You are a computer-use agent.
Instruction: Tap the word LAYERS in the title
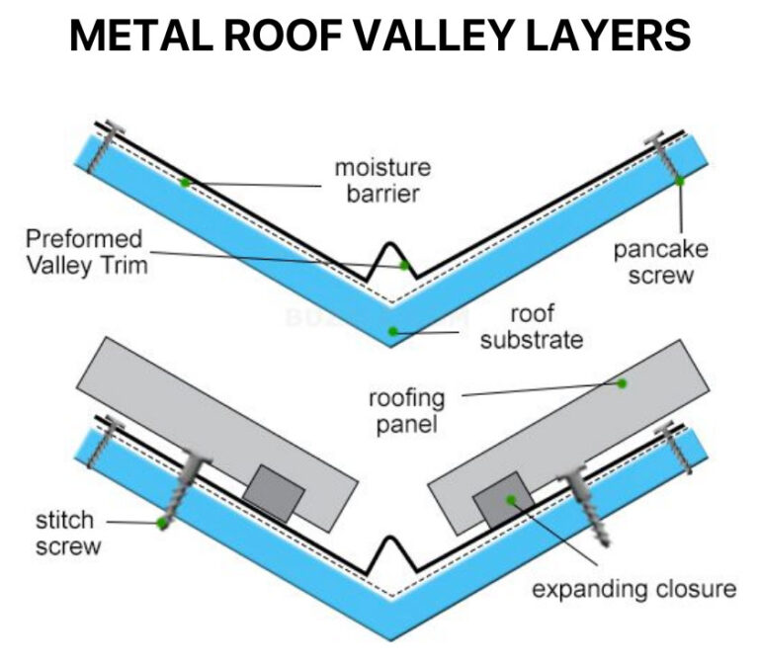click(x=608, y=37)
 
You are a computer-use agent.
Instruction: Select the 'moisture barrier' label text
click(x=381, y=179)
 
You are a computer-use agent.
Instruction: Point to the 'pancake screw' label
click(x=660, y=261)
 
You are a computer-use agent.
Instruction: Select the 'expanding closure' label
click(x=633, y=589)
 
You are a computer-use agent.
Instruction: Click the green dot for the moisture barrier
click(x=184, y=183)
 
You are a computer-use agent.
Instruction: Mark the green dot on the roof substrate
click(x=393, y=331)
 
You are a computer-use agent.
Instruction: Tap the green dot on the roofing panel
click(x=622, y=383)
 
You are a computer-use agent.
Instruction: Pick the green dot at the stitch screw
click(x=159, y=524)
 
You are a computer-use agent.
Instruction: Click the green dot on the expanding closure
click(x=511, y=500)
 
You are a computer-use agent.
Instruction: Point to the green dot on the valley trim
click(x=403, y=265)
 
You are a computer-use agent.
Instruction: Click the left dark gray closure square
click(x=270, y=492)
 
